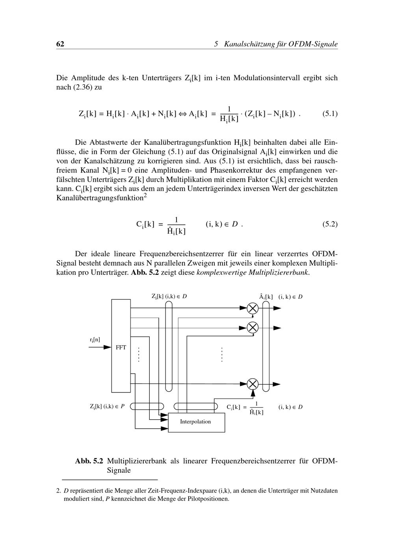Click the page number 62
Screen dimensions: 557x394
coord(60,44)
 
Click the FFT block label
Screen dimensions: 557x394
coord(121,348)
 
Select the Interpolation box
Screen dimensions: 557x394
coord(197,422)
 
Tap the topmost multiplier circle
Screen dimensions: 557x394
coord(253,308)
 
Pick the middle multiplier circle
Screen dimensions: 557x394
coord(253,328)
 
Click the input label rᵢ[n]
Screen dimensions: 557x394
coord(95,339)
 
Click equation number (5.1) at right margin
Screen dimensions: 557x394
coord(330,114)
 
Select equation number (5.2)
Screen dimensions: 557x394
coord(330,224)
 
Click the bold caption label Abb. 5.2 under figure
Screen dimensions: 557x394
coord(89,461)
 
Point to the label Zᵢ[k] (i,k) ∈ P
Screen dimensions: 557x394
coord(107,407)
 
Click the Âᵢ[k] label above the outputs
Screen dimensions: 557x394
coord(266,297)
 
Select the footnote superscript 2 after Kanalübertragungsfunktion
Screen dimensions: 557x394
coord(145,195)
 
